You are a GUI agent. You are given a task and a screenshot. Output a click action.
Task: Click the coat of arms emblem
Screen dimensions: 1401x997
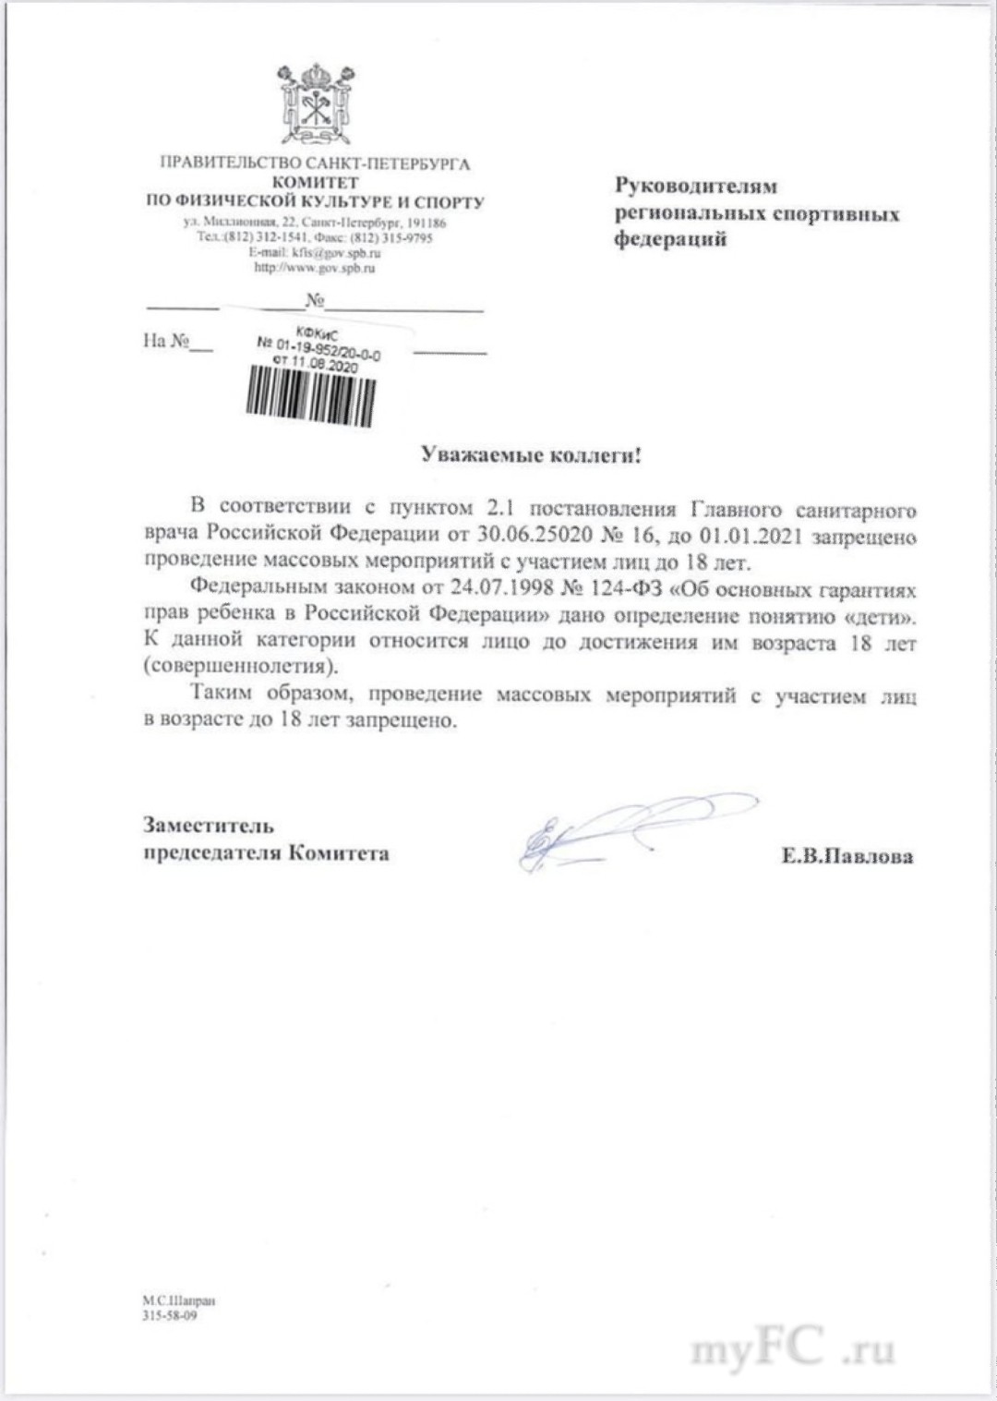click(x=315, y=103)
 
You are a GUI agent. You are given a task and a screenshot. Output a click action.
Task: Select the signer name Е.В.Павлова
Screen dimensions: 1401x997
click(x=847, y=856)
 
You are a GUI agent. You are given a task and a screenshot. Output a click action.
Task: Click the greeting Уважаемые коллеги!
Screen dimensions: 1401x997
click(x=530, y=454)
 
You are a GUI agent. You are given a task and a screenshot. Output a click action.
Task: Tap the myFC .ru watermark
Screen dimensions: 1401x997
click(x=793, y=1351)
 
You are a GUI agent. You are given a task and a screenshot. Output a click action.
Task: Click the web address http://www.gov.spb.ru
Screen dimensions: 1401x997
click(x=315, y=268)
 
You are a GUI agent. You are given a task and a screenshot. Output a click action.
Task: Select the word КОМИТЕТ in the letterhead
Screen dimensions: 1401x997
click(x=315, y=184)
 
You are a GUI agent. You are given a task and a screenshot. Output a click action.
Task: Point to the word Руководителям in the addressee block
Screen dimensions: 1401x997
click(x=697, y=186)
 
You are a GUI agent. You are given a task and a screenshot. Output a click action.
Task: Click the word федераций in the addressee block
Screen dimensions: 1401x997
click(x=671, y=239)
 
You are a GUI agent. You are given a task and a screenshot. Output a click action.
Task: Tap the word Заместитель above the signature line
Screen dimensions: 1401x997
click(x=208, y=825)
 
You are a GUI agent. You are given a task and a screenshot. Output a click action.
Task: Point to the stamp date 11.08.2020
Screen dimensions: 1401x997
click(x=323, y=366)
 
